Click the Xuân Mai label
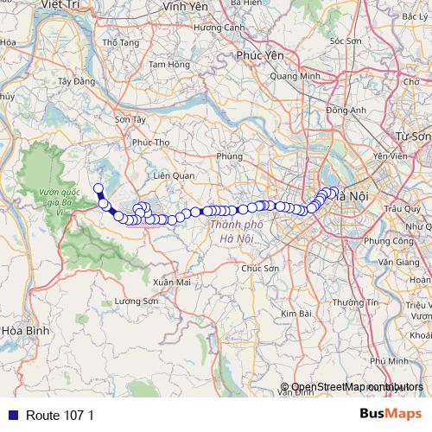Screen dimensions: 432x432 tap(171, 283)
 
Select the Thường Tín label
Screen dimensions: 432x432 tap(360, 302)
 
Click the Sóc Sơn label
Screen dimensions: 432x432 tap(346, 41)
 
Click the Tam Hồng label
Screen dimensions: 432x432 tap(168, 64)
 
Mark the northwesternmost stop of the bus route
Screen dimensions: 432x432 tap(98, 188)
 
